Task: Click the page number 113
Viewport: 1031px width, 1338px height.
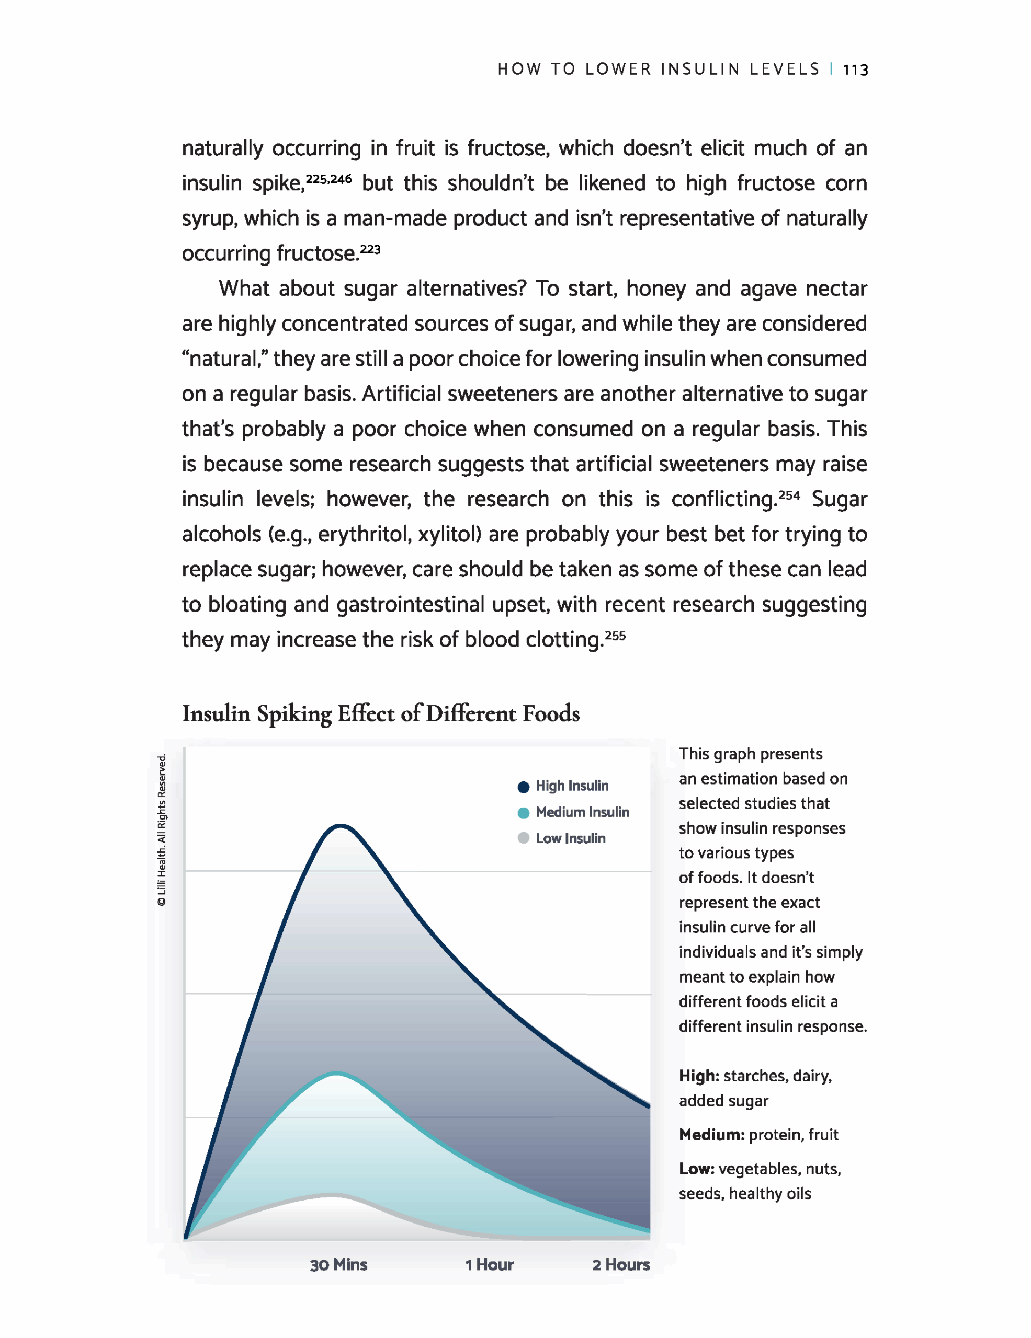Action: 855,70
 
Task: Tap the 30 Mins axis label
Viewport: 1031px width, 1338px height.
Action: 338,1264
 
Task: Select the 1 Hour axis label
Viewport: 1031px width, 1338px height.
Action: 489,1264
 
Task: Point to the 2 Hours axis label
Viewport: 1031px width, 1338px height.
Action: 620,1264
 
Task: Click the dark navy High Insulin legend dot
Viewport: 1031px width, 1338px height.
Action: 524,787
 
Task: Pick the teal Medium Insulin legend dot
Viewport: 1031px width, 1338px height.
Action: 524,813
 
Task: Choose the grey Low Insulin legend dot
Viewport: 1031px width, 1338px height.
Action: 524,838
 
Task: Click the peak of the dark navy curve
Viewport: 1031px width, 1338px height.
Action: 340,826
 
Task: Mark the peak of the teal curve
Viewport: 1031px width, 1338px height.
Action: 336,1074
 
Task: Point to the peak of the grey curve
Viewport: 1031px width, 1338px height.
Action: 331,1194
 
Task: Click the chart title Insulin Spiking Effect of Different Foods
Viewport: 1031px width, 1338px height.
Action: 381,714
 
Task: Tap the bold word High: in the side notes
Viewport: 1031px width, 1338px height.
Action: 699,1076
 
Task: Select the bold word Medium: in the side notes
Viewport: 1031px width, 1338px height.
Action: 711,1135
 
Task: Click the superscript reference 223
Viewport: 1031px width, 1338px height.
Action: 370,249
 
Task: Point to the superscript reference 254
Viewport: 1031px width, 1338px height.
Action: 789,495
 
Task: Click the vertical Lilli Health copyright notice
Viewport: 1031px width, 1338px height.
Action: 162,830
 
